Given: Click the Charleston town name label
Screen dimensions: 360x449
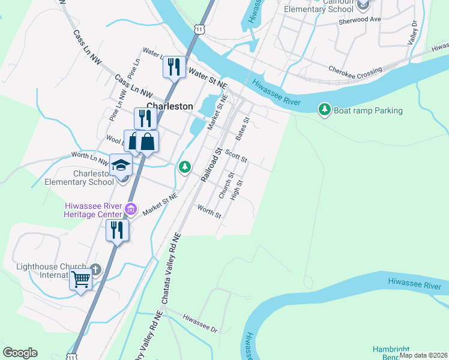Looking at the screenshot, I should pos(170,106).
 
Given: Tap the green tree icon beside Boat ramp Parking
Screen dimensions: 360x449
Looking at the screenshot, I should pos(325,109).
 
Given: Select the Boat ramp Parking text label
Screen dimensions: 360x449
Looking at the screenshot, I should pos(368,110).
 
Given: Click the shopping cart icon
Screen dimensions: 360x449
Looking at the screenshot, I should pos(80,279).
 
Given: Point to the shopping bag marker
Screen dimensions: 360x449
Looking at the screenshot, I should pos(147,142).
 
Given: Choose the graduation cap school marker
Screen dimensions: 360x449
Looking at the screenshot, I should pos(121,165).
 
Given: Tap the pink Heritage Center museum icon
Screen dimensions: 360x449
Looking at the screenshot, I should pos(131,209).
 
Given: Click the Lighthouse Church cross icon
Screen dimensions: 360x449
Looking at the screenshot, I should pos(95,270).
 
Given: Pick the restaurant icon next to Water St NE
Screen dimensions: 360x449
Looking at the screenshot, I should pos(174,66).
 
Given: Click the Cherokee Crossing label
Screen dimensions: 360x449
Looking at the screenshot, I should pos(355,70).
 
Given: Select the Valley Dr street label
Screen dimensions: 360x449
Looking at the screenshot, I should pos(412,33).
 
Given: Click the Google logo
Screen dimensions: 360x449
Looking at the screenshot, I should pos(20,353).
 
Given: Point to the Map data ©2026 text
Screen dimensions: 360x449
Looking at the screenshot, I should pos(423,355).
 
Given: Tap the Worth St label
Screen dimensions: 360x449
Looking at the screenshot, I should pos(209,211).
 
